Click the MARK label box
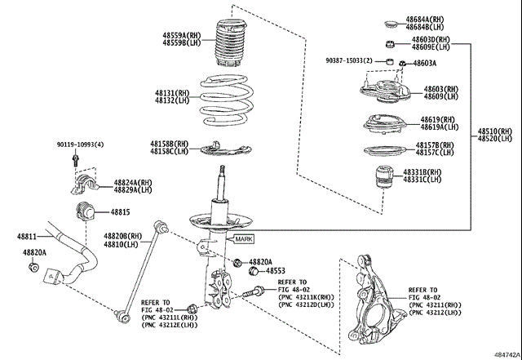(x=245, y=238)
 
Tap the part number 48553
(x=276, y=270)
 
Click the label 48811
(x=28, y=237)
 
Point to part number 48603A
(x=424, y=64)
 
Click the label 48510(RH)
(x=495, y=131)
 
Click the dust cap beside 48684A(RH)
(x=390, y=22)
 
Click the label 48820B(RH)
(x=122, y=235)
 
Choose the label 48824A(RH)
(x=133, y=182)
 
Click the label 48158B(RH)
(x=169, y=143)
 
